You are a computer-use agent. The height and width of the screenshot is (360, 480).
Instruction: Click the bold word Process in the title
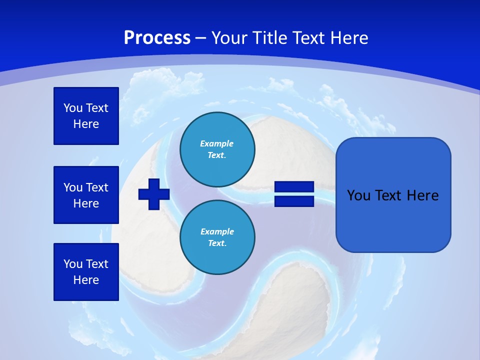click(157, 38)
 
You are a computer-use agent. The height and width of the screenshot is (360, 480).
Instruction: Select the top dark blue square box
click(86, 116)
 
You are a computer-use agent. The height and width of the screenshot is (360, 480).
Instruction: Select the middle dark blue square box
click(86, 195)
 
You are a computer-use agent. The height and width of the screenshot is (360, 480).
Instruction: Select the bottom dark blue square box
click(86, 272)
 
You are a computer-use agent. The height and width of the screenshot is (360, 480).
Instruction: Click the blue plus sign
click(154, 194)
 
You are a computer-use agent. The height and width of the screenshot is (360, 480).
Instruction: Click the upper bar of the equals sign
click(294, 187)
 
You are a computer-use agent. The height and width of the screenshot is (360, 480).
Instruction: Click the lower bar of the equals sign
click(294, 201)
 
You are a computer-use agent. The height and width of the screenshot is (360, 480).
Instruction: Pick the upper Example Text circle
click(217, 149)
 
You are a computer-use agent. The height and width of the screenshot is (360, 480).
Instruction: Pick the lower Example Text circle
click(217, 237)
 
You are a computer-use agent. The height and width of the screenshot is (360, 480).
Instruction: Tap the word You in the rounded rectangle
click(358, 195)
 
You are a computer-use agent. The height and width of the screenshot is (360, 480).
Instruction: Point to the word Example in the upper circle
click(217, 143)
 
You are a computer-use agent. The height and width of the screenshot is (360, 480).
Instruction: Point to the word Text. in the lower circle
click(217, 243)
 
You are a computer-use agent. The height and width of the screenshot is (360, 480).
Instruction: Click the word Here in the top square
click(86, 124)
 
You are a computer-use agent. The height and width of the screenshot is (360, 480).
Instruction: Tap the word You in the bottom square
click(73, 264)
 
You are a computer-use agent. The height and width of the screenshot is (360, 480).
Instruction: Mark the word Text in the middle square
click(97, 187)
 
